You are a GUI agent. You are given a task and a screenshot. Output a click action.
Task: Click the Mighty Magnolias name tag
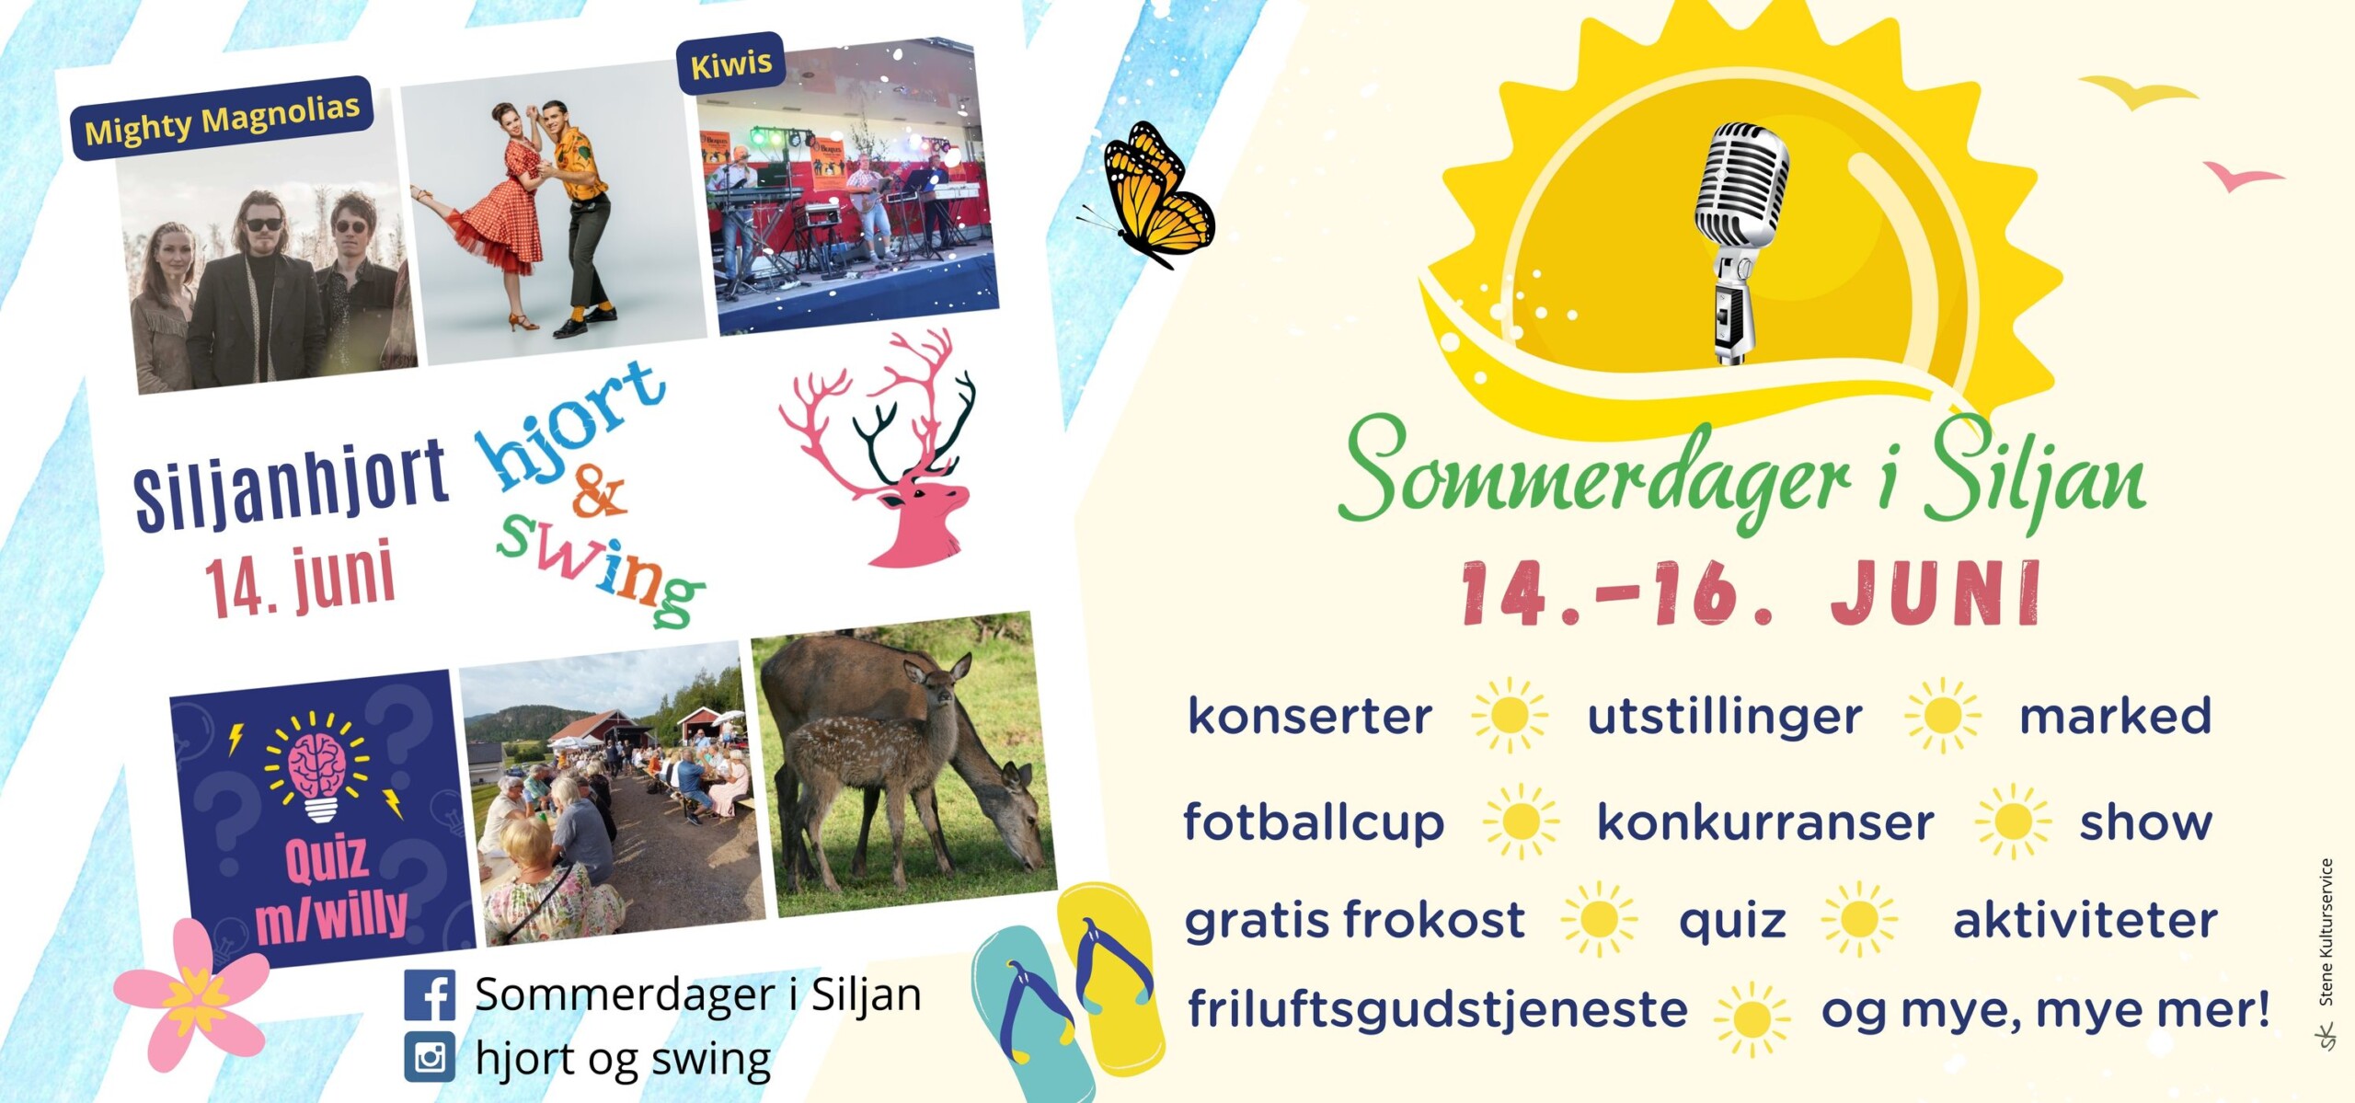[x=222, y=119]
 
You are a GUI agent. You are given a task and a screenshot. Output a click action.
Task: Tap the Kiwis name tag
[x=731, y=63]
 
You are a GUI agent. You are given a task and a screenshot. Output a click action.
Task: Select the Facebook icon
[x=430, y=995]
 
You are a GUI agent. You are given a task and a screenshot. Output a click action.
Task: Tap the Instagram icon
[x=430, y=1057]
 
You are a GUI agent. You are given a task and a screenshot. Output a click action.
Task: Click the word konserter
[x=1310, y=717]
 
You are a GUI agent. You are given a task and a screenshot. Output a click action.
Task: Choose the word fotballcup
[x=1314, y=822]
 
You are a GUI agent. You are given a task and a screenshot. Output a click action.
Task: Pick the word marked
[x=2115, y=716]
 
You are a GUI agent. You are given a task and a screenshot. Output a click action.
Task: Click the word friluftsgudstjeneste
[x=1438, y=1010]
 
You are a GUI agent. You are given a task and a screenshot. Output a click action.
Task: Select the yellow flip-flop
[x=1111, y=978]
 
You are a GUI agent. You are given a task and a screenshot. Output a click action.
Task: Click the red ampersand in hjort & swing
[x=599, y=493]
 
